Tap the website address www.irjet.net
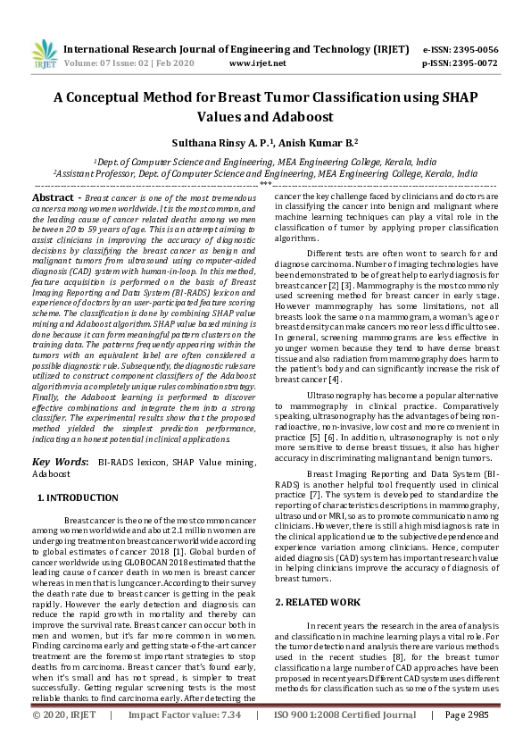[x=258, y=63]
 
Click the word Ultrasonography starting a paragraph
[x=343, y=394]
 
